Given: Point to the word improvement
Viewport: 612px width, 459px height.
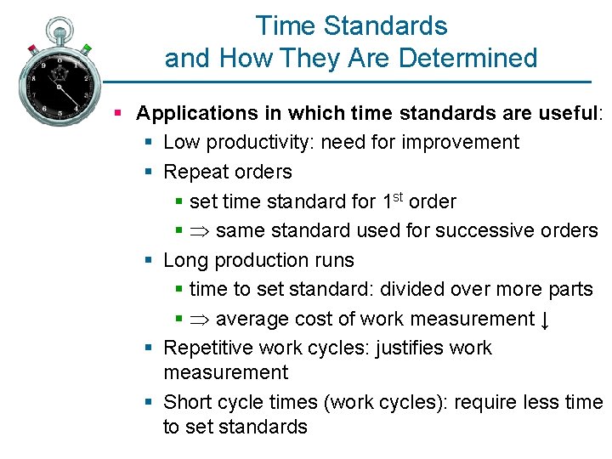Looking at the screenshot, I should click(x=460, y=142).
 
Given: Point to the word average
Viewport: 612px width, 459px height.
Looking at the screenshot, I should click(x=252, y=319).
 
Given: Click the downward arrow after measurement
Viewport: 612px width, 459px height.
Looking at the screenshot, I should click(x=546, y=320).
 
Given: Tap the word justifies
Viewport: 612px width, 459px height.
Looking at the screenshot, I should click(x=408, y=348).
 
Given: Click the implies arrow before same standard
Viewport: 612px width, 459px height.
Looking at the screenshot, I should click(x=202, y=230).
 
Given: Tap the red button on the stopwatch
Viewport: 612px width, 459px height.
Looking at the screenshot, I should click(x=32, y=48).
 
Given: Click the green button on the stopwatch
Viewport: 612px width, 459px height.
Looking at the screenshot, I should click(x=88, y=48).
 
